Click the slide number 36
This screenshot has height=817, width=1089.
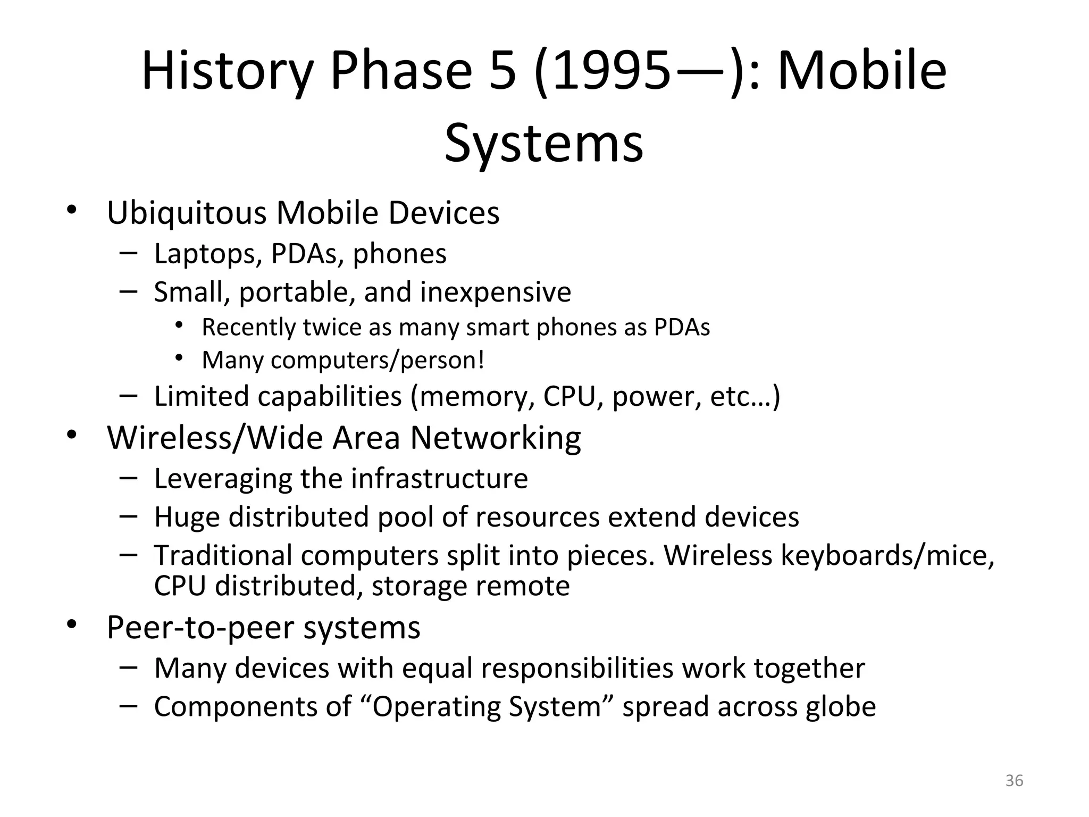tap(1014, 780)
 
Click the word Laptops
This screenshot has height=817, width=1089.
tap(208, 254)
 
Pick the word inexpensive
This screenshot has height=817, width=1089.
tap(496, 292)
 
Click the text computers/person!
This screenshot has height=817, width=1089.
tap(378, 360)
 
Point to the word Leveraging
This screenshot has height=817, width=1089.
tap(223, 479)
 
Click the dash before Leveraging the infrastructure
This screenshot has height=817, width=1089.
tap(128, 477)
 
